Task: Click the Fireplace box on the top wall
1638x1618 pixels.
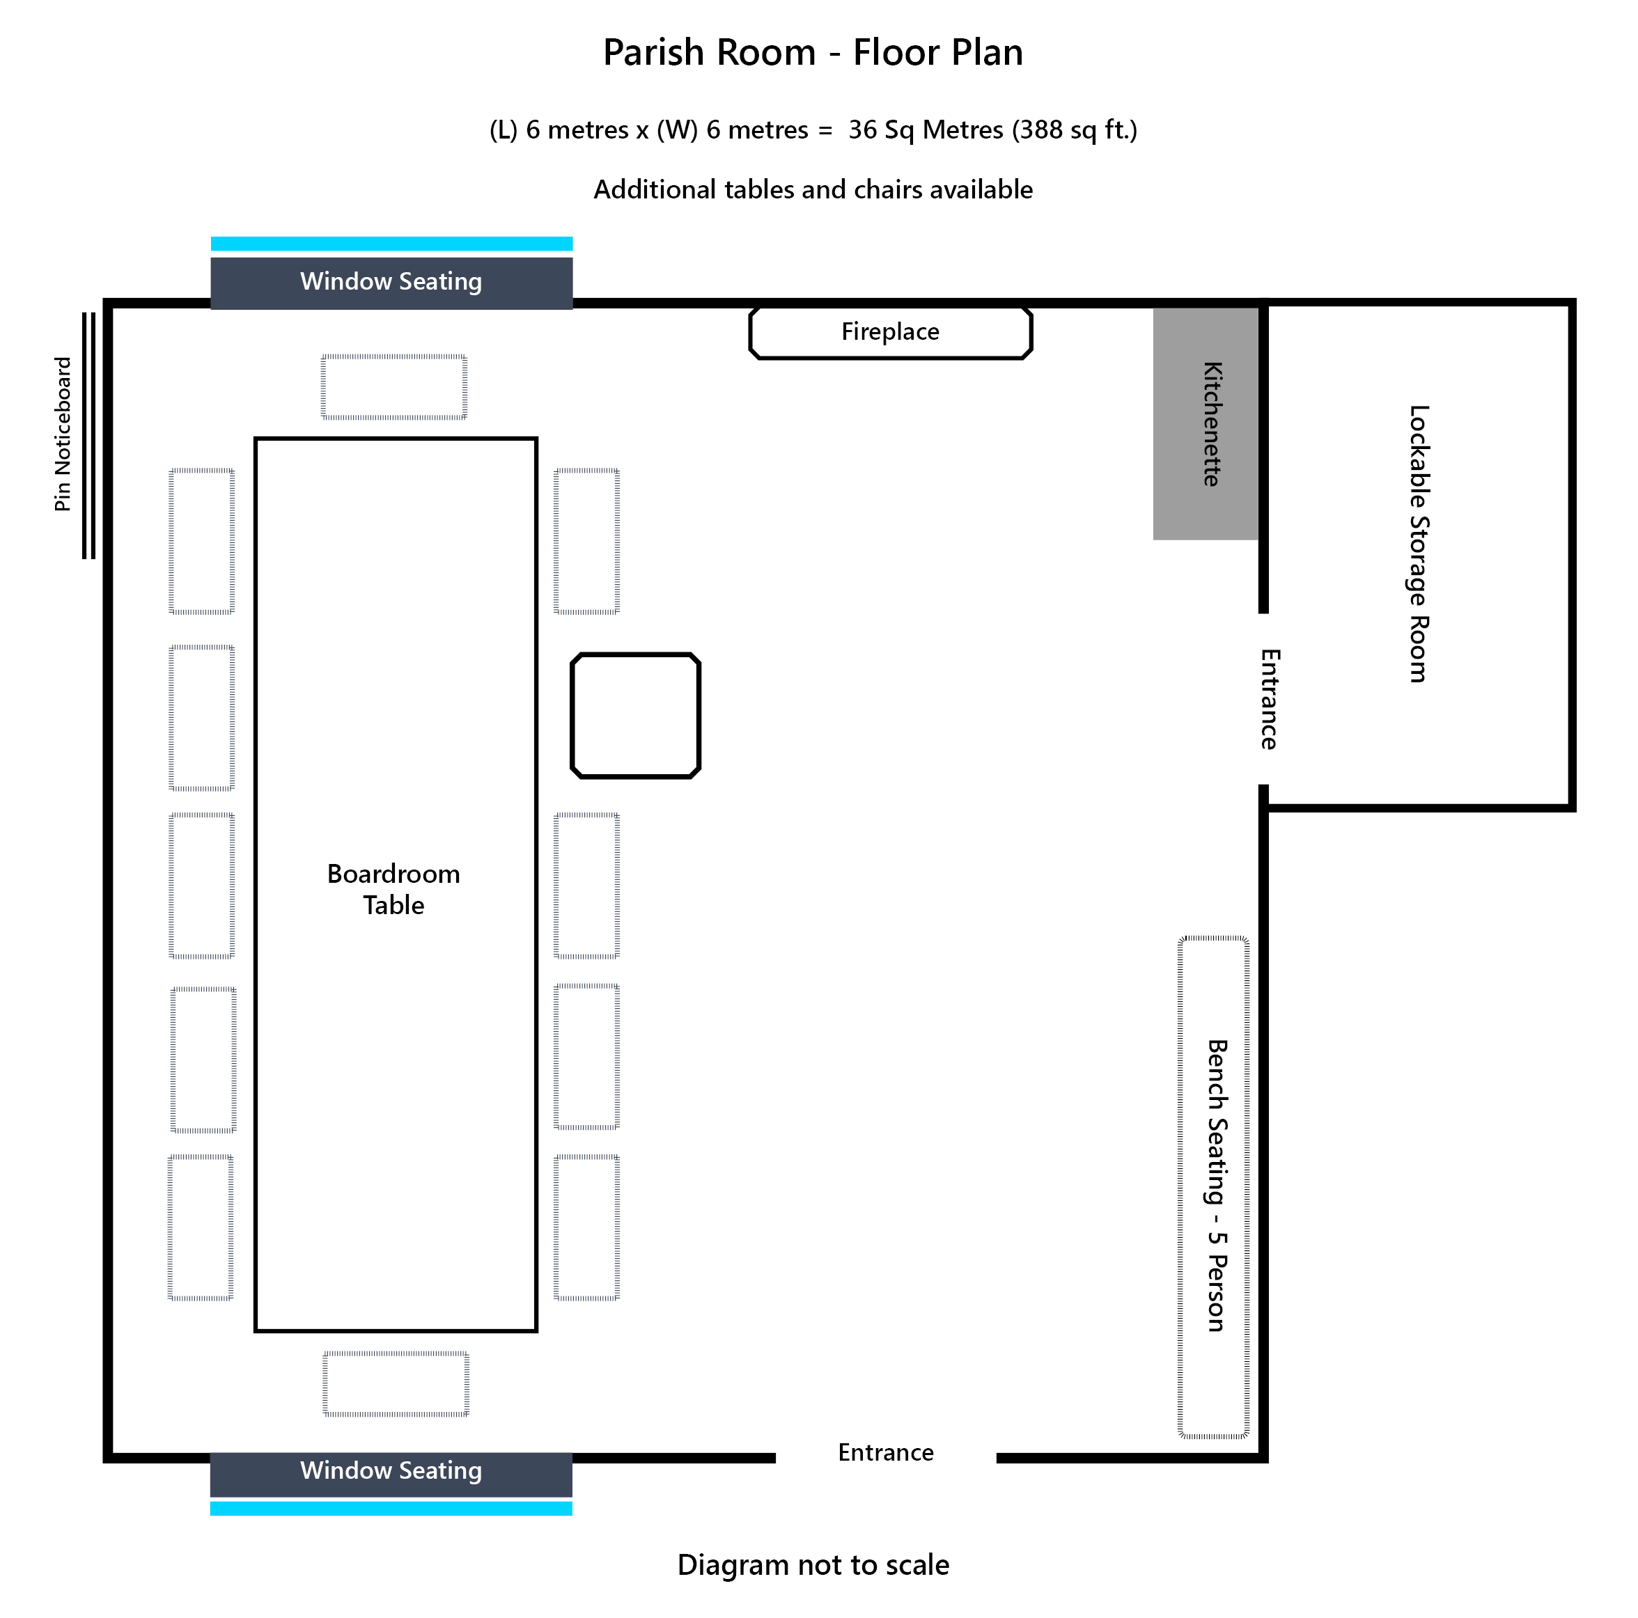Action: [890, 332]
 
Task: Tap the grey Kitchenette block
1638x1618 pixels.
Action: [1205, 424]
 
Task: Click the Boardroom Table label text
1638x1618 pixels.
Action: [393, 888]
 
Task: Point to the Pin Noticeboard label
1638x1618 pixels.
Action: [63, 434]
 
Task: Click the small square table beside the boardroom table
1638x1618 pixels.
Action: [635, 714]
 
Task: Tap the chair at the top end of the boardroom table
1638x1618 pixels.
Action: [393, 386]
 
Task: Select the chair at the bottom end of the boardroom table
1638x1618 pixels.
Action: [396, 1383]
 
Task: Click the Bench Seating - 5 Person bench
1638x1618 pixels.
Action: [1213, 1186]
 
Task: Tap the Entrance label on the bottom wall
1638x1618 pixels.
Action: [885, 1452]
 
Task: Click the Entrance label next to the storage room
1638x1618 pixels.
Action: [1269, 698]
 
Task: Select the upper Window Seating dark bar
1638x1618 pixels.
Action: [391, 282]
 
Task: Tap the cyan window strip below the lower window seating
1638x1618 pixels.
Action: [391, 1508]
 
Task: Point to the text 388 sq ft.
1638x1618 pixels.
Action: [1073, 129]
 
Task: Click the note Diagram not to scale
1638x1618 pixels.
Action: [812, 1564]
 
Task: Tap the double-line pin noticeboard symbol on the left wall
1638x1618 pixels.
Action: [88, 435]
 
